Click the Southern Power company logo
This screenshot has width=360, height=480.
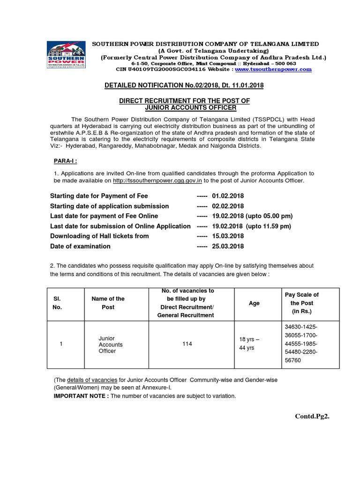(66, 54)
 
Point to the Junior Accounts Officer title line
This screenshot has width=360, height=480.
(184, 107)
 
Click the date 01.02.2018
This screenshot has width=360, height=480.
(228, 196)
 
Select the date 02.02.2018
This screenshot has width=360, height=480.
(228, 206)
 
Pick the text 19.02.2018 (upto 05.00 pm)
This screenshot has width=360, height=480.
(252, 216)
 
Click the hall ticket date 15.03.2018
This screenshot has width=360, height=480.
(228, 236)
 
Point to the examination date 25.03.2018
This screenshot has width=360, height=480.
(228, 246)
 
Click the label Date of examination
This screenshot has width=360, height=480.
(80, 246)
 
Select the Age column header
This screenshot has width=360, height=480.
(254, 303)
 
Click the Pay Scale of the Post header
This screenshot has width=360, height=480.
(301, 303)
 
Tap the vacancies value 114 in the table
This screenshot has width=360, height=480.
(187, 345)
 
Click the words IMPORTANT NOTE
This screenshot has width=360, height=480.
(81, 396)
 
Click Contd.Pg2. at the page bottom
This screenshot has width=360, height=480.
(312, 416)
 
